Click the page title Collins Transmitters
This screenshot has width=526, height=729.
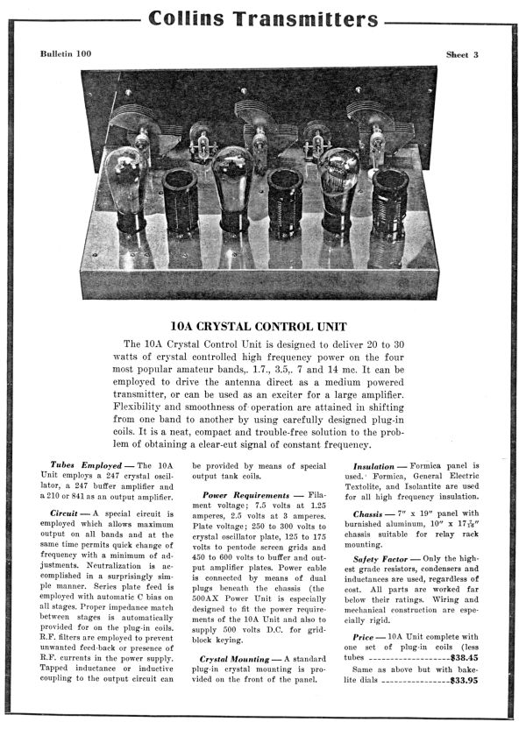coord(263,18)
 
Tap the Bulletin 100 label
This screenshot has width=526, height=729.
coord(65,54)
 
